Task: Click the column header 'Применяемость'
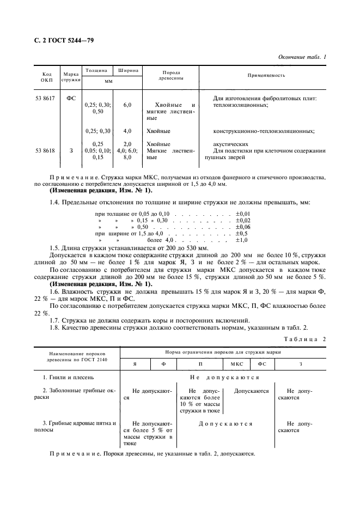266,75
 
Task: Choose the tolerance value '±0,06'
243,226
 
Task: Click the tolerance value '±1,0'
242,240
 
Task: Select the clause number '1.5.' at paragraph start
56,248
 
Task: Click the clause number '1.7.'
56,320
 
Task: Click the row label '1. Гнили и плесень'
72,377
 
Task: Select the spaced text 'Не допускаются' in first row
224,377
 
